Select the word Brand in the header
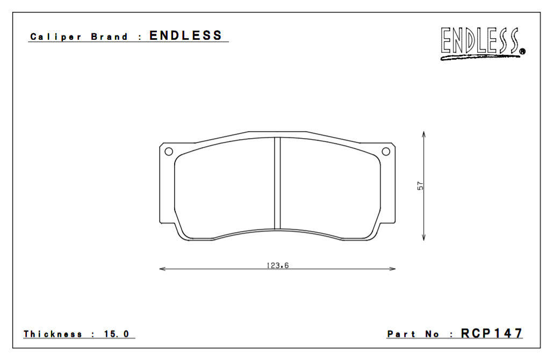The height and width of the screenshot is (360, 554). pos(110,37)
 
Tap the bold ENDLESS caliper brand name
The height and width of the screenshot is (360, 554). pos(185,36)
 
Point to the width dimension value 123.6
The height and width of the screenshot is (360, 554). pos(278,264)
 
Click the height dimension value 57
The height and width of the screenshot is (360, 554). pos(421,185)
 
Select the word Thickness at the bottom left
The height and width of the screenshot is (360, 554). pos(53,334)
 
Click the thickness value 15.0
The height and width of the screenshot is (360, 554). pos(117,334)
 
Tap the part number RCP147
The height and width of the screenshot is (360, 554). pos(492,334)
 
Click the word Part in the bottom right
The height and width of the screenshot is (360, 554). pos(402,334)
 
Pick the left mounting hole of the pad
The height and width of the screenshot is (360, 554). pos(169,152)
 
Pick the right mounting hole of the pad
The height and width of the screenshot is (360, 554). pos(386,152)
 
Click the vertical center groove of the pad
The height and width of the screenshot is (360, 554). pos(277,183)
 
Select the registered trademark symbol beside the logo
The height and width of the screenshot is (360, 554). pos(522,52)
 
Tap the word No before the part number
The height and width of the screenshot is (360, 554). pos(432,334)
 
